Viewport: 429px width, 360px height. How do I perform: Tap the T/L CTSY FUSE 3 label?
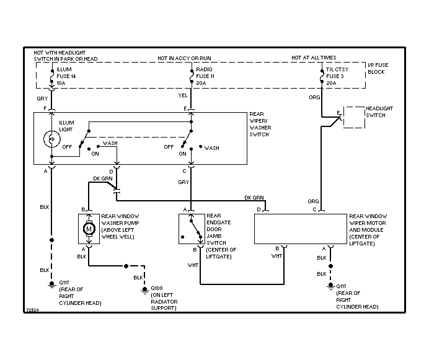point(338,76)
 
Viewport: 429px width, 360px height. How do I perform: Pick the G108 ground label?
point(157,288)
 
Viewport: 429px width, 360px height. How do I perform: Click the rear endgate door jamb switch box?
point(190,229)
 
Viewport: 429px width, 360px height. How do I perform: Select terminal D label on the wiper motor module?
point(259,209)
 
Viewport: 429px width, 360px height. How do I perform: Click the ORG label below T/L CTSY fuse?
point(315,98)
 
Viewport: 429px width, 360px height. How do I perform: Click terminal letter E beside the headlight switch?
point(338,113)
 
